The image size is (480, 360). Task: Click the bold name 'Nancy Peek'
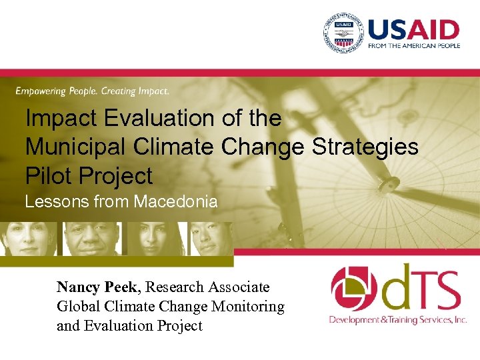(97, 287)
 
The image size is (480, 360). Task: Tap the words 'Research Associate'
(207, 287)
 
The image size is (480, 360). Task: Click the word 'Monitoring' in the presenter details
(247, 307)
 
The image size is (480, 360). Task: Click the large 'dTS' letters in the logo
(420, 287)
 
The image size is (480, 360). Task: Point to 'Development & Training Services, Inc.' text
(397, 320)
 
